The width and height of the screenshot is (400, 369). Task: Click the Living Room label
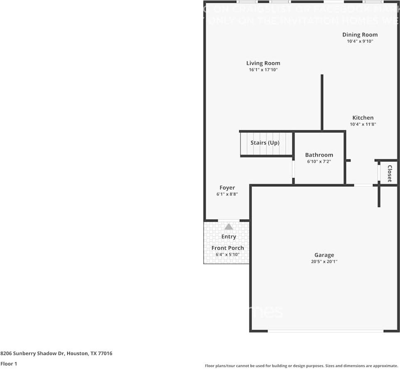tap(263, 63)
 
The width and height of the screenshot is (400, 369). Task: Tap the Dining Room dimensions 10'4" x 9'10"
tap(360, 42)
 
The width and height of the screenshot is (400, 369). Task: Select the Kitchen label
tap(363, 117)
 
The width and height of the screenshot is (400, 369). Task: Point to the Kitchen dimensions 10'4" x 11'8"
tap(363, 124)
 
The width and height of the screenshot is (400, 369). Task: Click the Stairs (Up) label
tap(265, 143)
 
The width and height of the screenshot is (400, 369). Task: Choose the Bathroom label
tap(319, 155)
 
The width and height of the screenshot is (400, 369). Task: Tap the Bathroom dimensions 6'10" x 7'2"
tap(319, 161)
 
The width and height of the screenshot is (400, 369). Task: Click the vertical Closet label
tap(390, 174)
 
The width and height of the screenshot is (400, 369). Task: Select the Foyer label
tap(227, 188)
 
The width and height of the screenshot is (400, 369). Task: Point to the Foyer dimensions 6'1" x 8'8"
tap(227, 194)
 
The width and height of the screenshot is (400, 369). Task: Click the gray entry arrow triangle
tap(228, 227)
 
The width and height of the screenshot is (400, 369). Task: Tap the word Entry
tap(228, 237)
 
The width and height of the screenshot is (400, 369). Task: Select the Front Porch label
tap(228, 248)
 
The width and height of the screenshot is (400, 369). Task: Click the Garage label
tap(324, 255)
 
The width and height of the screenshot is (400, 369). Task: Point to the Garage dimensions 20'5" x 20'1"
tap(324, 261)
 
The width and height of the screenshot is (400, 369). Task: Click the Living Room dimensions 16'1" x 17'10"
tap(263, 70)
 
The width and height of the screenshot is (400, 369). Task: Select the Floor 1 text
tap(9, 364)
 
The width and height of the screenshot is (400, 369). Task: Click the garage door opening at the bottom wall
tap(325, 331)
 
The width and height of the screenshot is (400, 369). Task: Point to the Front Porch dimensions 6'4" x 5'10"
tap(227, 254)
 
